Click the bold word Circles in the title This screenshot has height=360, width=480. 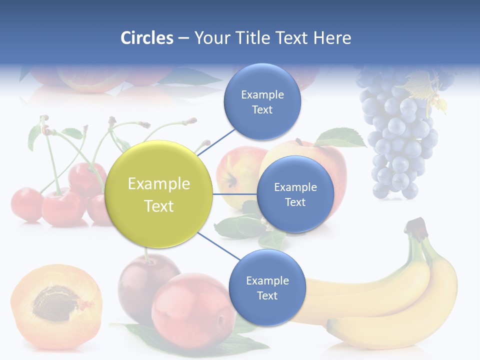coord(147,38)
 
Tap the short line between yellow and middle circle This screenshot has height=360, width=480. coord(234,194)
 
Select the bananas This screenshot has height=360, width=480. coord(395,295)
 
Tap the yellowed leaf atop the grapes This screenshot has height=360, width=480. coord(422,85)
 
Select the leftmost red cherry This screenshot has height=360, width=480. coord(26,204)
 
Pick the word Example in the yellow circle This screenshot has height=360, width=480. coord(159,184)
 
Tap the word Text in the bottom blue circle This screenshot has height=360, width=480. coord(267,295)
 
